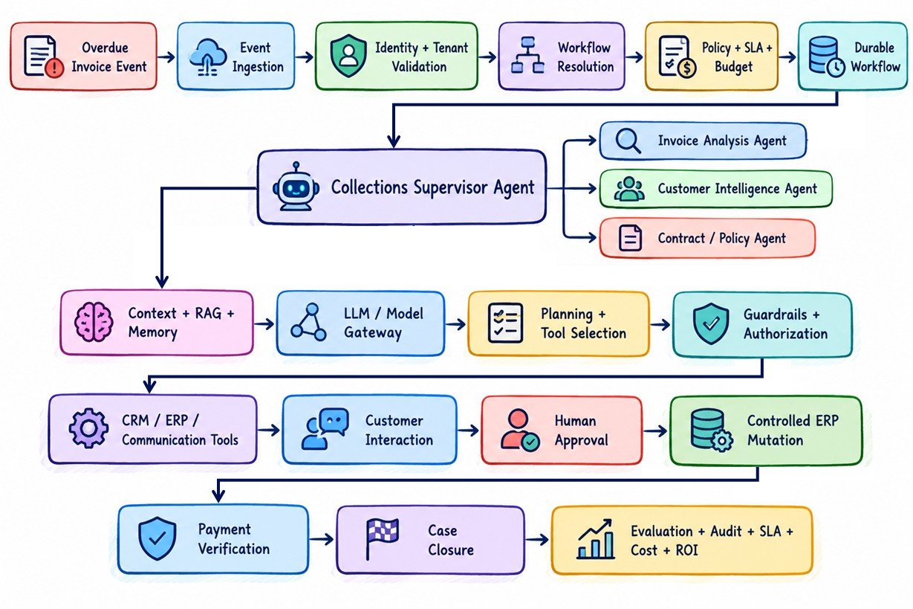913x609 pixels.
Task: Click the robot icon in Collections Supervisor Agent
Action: (x=296, y=187)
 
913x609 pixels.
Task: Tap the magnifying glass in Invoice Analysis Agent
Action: (x=628, y=141)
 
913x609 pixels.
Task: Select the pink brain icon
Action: (x=94, y=322)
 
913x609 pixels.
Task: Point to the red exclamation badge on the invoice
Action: (x=55, y=68)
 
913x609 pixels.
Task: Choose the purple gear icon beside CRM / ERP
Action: (x=88, y=428)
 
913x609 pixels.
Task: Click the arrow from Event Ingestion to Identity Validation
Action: (x=304, y=57)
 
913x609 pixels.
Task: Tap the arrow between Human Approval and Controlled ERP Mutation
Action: (x=655, y=431)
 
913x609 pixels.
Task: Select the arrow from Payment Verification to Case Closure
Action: (x=322, y=540)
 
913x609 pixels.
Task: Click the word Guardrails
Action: (x=775, y=315)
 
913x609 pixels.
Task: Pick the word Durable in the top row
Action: (x=874, y=48)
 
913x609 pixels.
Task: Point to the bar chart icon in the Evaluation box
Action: (x=596, y=539)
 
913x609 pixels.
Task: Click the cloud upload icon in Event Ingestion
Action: (x=208, y=57)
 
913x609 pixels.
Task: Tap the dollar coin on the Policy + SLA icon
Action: (x=686, y=68)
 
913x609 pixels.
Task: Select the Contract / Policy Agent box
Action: (x=707, y=238)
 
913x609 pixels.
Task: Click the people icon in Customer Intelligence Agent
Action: (x=629, y=189)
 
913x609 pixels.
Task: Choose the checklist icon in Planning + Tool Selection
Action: (x=505, y=323)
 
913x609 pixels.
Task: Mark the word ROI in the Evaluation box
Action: (x=686, y=550)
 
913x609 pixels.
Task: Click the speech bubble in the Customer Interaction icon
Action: (x=334, y=421)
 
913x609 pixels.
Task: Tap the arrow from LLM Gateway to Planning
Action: (x=455, y=325)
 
